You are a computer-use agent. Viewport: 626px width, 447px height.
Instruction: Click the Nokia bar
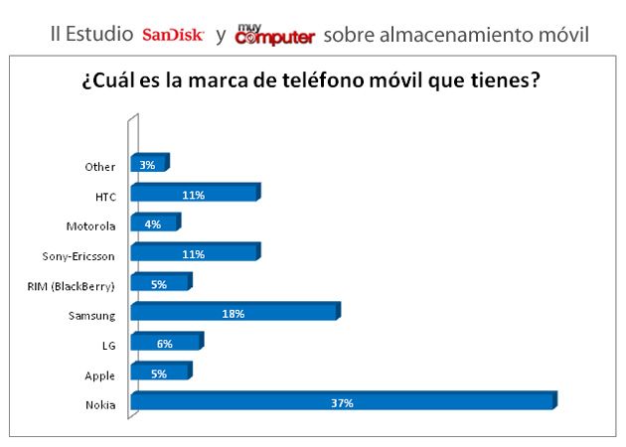tap(343, 402)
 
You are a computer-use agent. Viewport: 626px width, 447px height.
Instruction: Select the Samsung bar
tap(235, 313)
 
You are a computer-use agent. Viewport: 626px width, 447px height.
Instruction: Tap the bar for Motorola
tap(154, 224)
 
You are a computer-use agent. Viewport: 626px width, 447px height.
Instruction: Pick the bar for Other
tap(149, 165)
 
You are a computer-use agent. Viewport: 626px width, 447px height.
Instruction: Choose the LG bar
tap(165, 344)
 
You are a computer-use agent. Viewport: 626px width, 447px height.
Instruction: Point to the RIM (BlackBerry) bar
tap(160, 284)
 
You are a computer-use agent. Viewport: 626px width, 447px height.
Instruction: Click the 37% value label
tap(343, 403)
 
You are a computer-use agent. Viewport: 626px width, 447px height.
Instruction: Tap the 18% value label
tap(234, 314)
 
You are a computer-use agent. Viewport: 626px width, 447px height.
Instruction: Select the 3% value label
tap(147, 165)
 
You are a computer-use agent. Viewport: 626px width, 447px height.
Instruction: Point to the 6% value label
tap(164, 344)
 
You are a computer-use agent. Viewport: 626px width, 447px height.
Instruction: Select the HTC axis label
tap(104, 196)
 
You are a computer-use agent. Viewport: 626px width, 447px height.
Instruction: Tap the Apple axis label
tap(100, 375)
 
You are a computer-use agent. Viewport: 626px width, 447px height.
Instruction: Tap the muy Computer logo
tap(274, 35)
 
